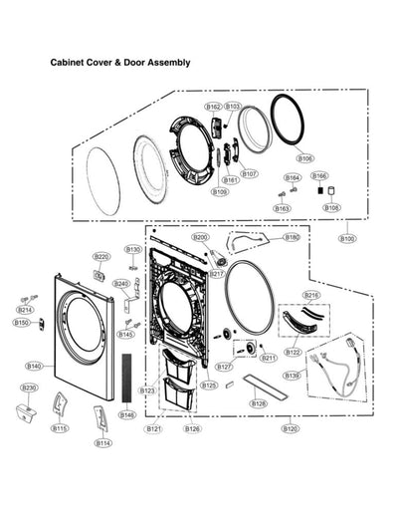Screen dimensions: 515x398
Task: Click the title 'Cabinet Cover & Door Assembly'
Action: coord(120,62)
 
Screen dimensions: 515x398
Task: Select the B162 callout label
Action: coord(213,107)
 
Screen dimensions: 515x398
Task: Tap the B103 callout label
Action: coord(233,107)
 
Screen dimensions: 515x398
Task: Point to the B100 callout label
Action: coord(347,239)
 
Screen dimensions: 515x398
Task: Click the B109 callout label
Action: coord(220,192)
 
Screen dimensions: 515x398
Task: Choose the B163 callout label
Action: coord(282,209)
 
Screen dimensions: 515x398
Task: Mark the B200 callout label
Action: coord(200,237)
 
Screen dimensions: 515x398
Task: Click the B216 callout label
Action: coord(311,296)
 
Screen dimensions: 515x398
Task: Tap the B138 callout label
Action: coord(292,376)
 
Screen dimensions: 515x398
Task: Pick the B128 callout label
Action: coord(258,403)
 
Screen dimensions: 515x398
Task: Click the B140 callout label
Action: coord(34,367)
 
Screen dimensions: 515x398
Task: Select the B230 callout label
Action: coord(30,387)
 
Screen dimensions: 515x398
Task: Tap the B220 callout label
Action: coord(100,256)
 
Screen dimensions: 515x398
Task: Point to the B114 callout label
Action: coord(103,442)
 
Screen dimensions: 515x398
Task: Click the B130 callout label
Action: coord(133,249)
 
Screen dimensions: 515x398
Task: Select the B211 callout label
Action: coord(268,358)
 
